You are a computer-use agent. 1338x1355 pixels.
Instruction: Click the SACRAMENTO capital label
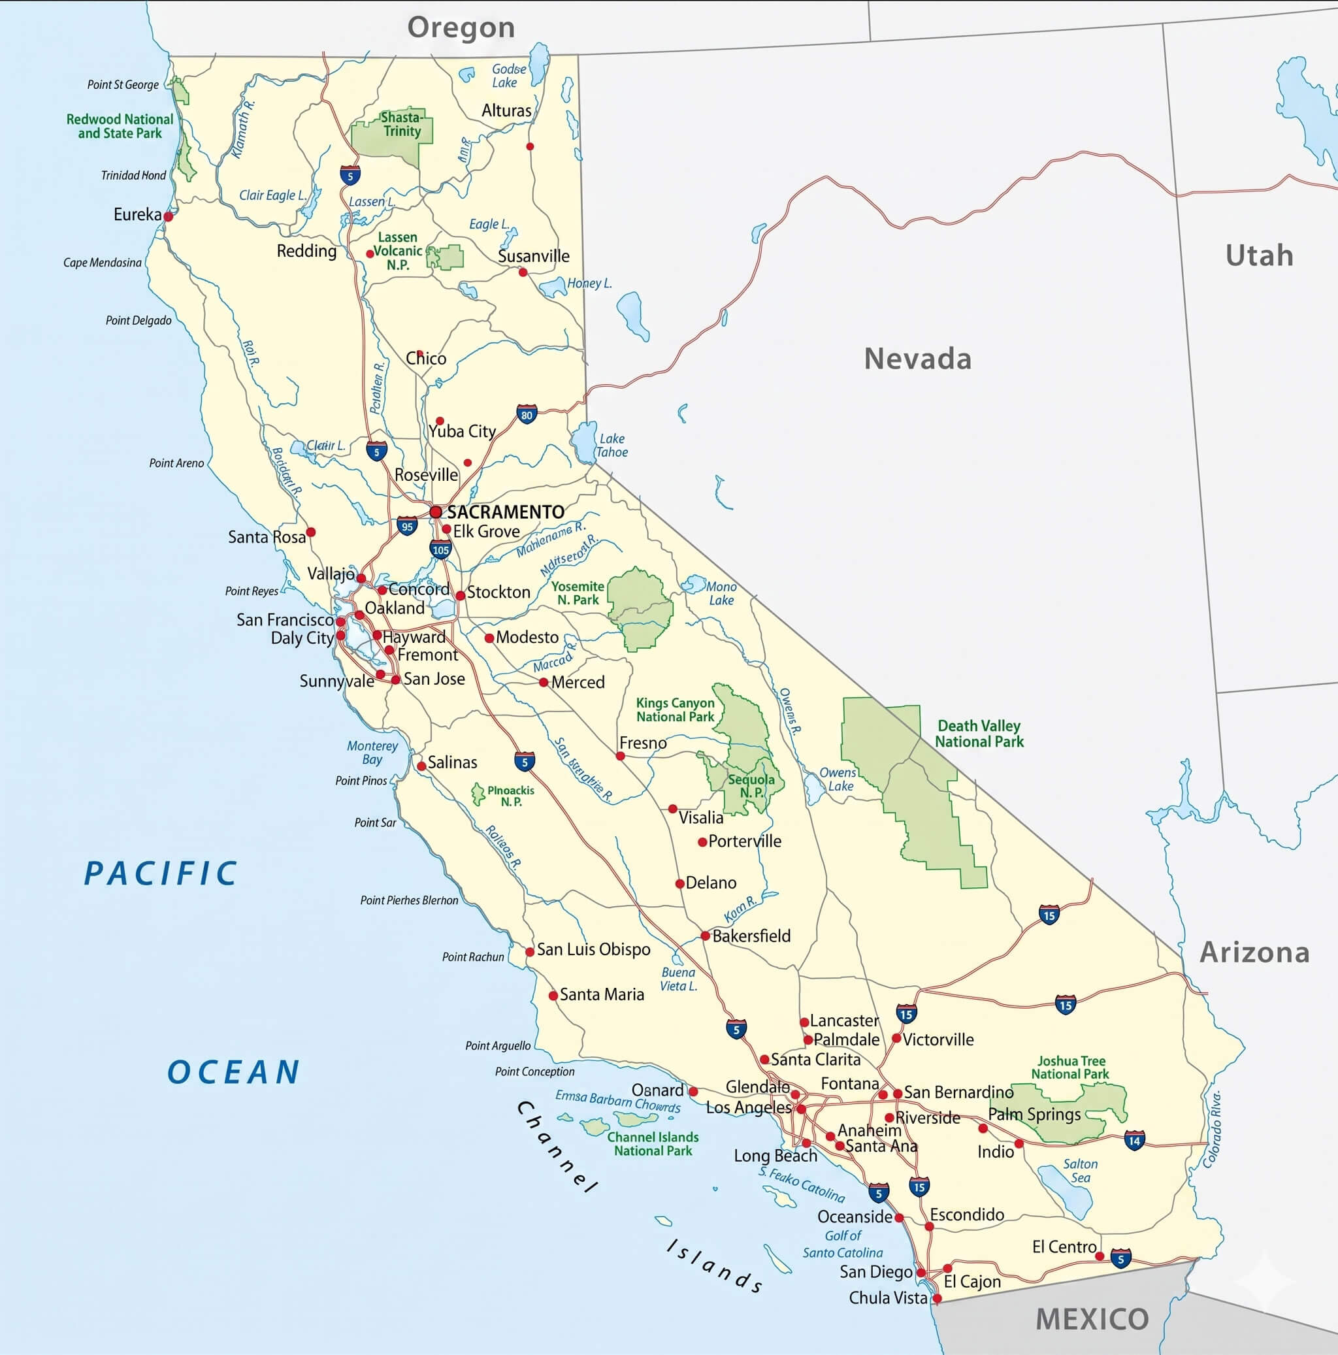pos(505,512)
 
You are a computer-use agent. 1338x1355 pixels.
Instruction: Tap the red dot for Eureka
pos(169,217)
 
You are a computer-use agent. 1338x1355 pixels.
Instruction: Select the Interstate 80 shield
pos(527,414)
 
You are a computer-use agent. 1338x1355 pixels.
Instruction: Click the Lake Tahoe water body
pos(583,442)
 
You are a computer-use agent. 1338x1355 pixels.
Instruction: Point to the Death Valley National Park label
pos(979,734)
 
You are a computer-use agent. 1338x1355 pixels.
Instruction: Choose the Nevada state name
pos(917,359)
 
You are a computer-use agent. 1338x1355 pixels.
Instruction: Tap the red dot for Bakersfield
pos(706,936)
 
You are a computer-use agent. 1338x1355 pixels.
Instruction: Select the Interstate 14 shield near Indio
pos(1134,1141)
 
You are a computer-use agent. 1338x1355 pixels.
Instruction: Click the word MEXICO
pos(1092,1319)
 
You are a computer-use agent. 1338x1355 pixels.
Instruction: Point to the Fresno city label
pos(642,743)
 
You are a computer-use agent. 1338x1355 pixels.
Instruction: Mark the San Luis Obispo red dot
pos(530,952)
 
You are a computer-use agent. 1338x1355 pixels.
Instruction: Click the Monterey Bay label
pos(372,753)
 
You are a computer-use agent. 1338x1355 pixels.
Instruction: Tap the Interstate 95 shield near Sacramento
pos(407,526)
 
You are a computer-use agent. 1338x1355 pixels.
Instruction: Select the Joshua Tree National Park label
pos(1070,1068)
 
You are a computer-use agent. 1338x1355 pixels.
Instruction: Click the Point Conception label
pos(534,1071)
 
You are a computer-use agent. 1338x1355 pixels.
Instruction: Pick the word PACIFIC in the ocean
pos(161,874)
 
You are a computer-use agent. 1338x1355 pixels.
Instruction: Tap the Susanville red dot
pos(523,272)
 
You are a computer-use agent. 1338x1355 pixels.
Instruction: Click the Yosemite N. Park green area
pos(640,607)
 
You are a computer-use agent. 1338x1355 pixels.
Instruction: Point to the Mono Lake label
pos(721,593)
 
